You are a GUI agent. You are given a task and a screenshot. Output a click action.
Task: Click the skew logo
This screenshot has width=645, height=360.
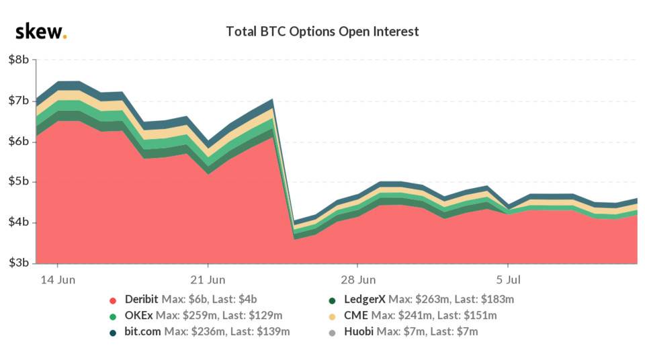pyautogui.click(x=40, y=31)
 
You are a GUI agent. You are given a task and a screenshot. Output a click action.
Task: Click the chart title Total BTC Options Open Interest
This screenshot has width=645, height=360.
pyautogui.click(x=322, y=32)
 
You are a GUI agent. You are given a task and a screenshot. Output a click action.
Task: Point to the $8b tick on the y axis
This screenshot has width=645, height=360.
pyautogui.click(x=18, y=60)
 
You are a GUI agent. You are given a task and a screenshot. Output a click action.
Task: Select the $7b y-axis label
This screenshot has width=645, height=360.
pyautogui.click(x=18, y=101)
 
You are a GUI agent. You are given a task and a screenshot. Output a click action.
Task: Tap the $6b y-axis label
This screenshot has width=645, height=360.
pyautogui.click(x=18, y=141)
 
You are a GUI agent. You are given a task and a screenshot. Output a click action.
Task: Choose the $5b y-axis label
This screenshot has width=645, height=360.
pyautogui.click(x=18, y=182)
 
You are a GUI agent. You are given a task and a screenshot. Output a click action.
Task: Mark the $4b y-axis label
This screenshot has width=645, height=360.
pyautogui.click(x=18, y=222)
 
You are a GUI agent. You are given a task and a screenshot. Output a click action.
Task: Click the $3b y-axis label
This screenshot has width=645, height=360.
pyautogui.click(x=18, y=263)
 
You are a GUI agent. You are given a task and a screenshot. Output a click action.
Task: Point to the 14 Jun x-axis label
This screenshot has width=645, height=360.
pyautogui.click(x=57, y=279)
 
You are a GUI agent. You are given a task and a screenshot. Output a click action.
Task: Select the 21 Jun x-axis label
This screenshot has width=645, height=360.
pyautogui.click(x=208, y=279)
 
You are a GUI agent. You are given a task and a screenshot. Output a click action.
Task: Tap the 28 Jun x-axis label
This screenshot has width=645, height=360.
pyautogui.click(x=358, y=279)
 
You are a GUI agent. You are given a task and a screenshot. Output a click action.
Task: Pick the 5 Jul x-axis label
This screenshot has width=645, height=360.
pyautogui.click(x=509, y=279)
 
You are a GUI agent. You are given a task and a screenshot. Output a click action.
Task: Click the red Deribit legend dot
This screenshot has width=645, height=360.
pyautogui.click(x=113, y=300)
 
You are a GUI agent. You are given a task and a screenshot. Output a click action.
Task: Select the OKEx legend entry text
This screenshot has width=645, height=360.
pyautogui.click(x=202, y=316)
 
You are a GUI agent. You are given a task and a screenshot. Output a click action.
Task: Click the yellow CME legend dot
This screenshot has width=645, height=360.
pyautogui.click(x=333, y=316)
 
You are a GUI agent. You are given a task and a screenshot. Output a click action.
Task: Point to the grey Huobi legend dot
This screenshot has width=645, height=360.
pyautogui.click(x=333, y=332)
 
